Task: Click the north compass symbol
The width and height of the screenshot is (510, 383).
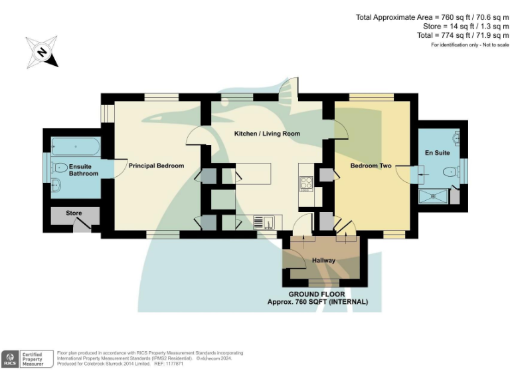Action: coord(42,52)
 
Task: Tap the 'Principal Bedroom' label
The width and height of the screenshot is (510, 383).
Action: coord(156,166)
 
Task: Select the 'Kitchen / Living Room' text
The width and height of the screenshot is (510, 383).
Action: coord(267,134)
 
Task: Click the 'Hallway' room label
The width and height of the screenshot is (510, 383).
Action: coord(323,260)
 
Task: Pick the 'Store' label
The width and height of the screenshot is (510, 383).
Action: coord(74,213)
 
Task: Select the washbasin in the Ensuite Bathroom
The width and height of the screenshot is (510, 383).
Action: coord(56,186)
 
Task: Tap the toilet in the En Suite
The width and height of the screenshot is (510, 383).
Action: coord(454,172)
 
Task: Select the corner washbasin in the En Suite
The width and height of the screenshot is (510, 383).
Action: coord(457,140)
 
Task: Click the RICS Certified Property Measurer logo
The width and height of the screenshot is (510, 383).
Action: coord(27,358)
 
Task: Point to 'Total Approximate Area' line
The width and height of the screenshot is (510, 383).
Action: coord(432,17)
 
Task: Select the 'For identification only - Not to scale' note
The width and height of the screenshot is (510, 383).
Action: coord(469,45)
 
